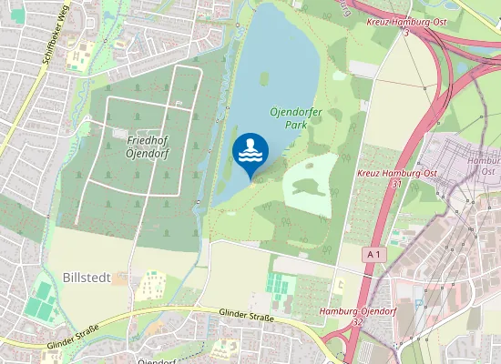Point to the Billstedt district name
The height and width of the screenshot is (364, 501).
pos(90,276)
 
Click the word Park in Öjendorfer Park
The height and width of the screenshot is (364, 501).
pos(294,125)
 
